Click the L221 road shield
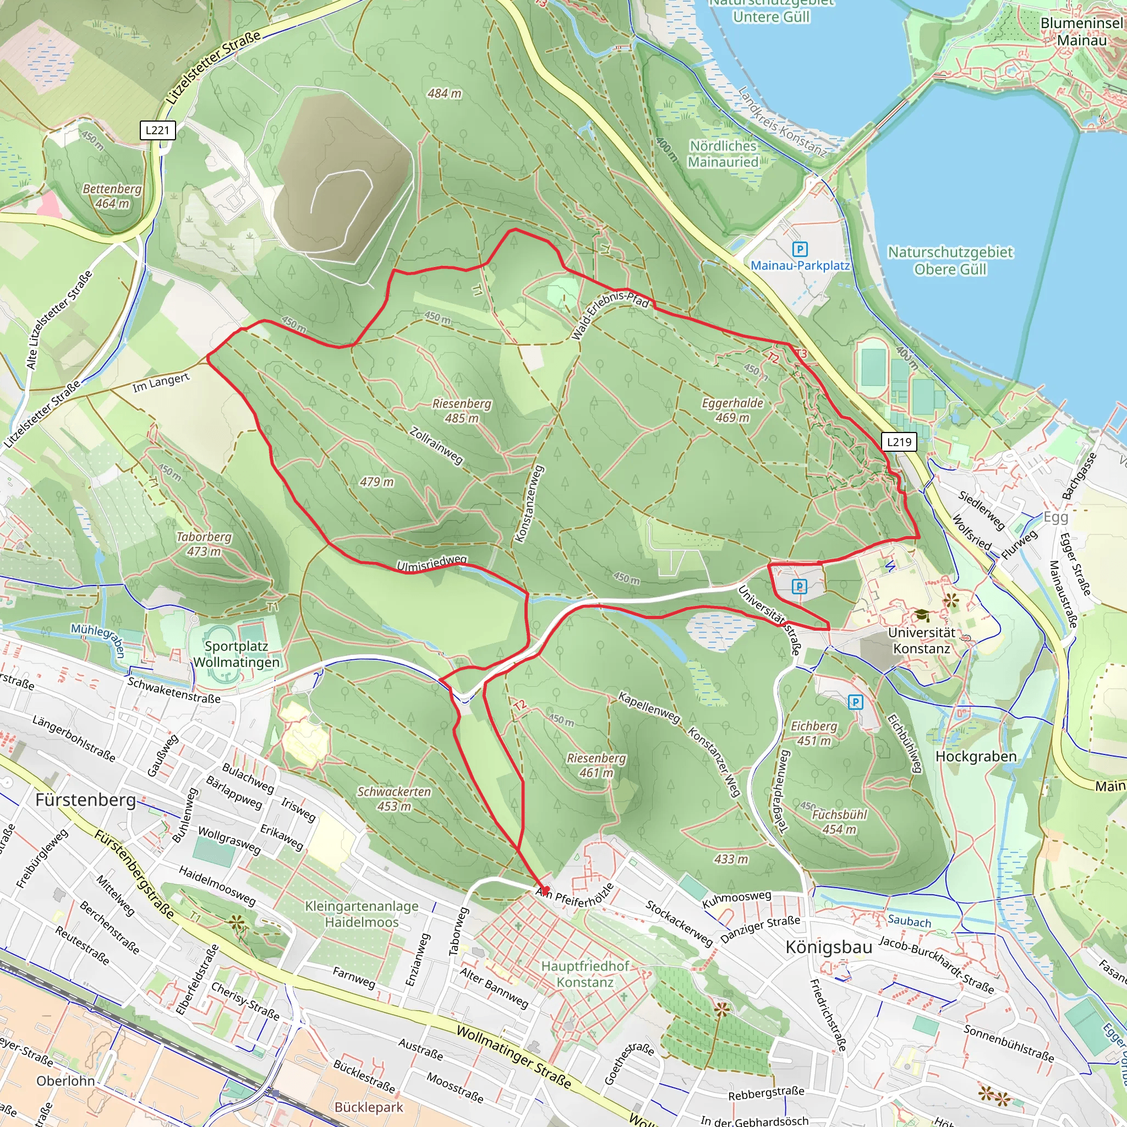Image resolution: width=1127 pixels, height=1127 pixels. tap(157, 130)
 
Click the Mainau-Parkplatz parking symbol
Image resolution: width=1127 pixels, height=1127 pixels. tap(800, 250)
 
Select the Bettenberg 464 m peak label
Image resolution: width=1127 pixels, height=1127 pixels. tap(112, 196)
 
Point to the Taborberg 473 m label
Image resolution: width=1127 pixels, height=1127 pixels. tap(204, 544)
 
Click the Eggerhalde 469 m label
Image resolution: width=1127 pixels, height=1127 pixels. tap(732, 410)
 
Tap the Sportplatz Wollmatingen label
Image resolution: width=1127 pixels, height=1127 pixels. tap(236, 654)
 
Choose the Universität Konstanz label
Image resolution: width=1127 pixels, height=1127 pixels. tap(922, 641)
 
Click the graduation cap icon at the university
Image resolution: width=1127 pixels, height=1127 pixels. tap(922, 615)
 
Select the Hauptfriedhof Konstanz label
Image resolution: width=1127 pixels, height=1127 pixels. tap(585, 974)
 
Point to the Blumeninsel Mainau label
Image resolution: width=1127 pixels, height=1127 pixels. tap(1081, 31)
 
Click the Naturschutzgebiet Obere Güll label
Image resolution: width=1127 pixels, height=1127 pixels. tap(950, 260)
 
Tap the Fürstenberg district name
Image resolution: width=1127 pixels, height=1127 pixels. tap(86, 800)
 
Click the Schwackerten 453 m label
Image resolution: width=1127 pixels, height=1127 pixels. tap(395, 798)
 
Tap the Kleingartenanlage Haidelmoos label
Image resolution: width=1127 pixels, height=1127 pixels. tap(362, 914)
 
